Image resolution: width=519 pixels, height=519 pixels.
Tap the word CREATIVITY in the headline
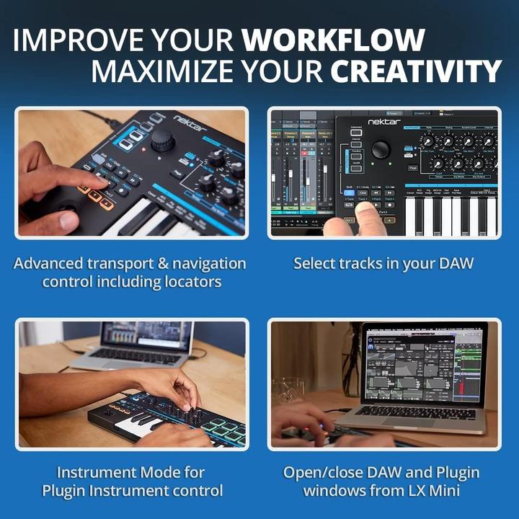416,72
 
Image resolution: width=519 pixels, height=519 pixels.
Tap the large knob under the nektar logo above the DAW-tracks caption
381,149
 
